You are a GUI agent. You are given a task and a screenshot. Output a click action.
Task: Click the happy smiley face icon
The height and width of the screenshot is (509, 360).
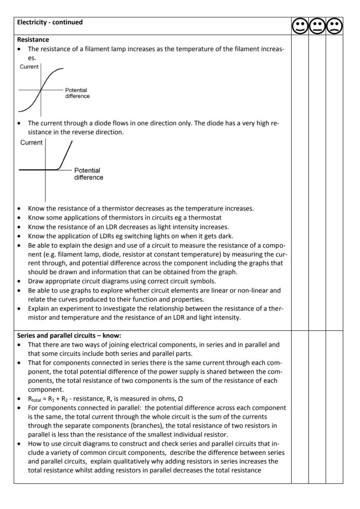point(300,27)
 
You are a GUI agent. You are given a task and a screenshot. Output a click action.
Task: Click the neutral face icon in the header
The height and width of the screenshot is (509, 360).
point(317,27)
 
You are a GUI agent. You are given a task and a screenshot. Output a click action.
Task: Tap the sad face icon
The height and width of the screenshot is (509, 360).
point(334,27)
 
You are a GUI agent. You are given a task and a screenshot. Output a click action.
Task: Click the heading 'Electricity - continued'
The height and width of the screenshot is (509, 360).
point(50,22)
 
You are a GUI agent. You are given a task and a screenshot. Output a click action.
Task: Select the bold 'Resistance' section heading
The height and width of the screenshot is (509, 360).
point(33,40)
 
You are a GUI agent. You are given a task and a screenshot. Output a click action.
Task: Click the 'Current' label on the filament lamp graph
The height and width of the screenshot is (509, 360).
point(29,67)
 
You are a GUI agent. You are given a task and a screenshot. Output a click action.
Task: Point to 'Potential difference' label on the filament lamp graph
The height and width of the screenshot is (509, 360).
point(77,93)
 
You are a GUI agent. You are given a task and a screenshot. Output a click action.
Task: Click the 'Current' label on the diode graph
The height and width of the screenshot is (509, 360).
point(31,143)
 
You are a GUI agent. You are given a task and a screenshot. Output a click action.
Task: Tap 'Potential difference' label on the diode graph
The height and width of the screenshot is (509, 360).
point(88,174)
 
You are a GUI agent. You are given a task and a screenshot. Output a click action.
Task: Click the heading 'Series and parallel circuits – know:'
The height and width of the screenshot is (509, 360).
point(69,336)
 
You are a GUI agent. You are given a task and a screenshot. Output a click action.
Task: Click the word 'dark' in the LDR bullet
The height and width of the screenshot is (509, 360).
point(225,236)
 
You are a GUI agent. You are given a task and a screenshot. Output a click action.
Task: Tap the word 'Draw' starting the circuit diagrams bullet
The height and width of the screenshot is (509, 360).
point(36,281)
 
